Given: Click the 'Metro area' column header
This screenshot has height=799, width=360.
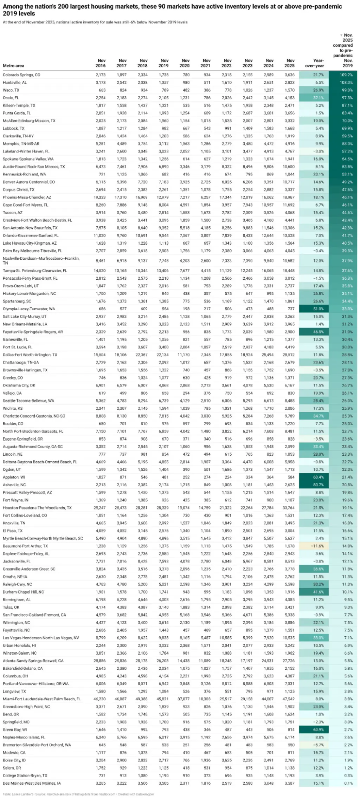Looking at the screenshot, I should (13, 66).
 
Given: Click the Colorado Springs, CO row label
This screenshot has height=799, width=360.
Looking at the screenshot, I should (21, 75).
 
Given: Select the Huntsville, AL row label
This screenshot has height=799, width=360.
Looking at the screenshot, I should (15, 83).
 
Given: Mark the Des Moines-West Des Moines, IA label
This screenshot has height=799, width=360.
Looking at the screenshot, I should (32, 783).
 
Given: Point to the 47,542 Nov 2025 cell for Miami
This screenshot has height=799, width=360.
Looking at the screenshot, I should (288, 699).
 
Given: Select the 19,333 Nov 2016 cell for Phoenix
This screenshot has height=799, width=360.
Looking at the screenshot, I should (100, 197).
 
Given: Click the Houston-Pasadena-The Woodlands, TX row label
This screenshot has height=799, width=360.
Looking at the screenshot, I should (37, 508).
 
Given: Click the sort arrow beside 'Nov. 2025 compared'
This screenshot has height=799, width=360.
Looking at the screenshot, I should (341, 35).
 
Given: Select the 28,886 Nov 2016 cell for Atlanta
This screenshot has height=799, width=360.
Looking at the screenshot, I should (100, 661).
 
